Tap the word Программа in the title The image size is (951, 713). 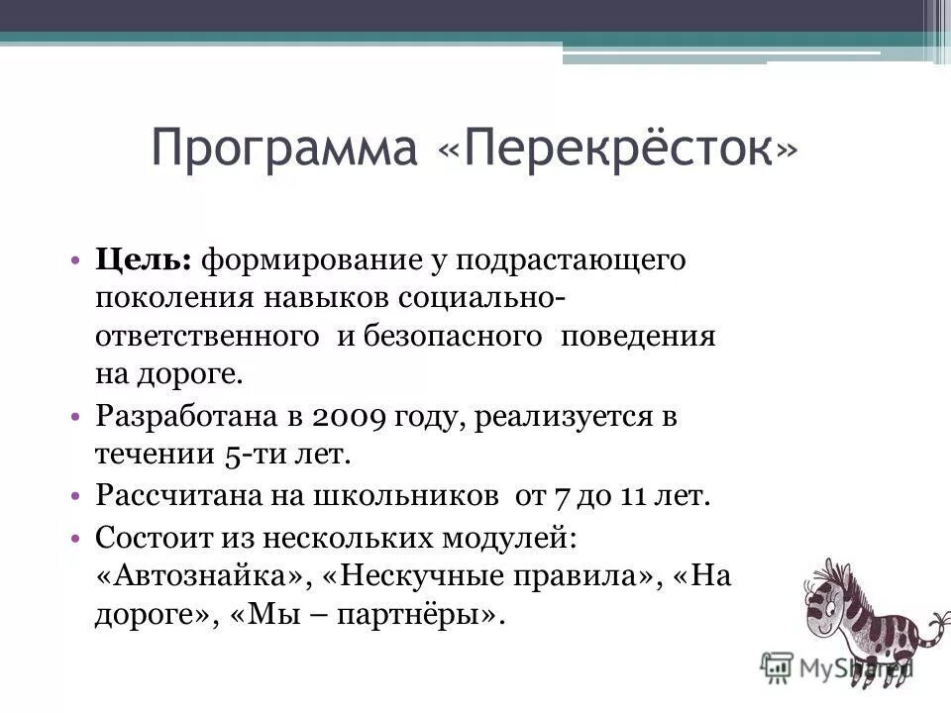pyautogui.click(x=285, y=151)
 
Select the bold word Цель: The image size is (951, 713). pyautogui.click(x=144, y=259)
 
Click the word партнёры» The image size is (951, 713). pyautogui.click(x=421, y=615)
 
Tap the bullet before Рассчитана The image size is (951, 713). pyautogui.click(x=76, y=494)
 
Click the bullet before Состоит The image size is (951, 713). pyautogui.click(x=76, y=538)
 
